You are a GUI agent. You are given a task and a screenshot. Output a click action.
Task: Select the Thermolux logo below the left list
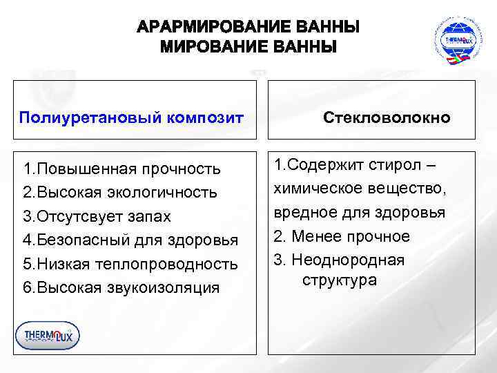coord(48,336)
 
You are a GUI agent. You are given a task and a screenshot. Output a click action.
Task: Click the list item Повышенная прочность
coord(121,169)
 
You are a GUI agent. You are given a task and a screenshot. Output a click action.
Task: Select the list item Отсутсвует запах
coord(97,216)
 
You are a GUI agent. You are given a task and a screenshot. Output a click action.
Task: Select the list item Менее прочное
coord(342,236)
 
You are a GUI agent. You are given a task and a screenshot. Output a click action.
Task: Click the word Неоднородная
coord(348,260)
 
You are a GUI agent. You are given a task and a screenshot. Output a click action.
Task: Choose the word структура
coord(340,280)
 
